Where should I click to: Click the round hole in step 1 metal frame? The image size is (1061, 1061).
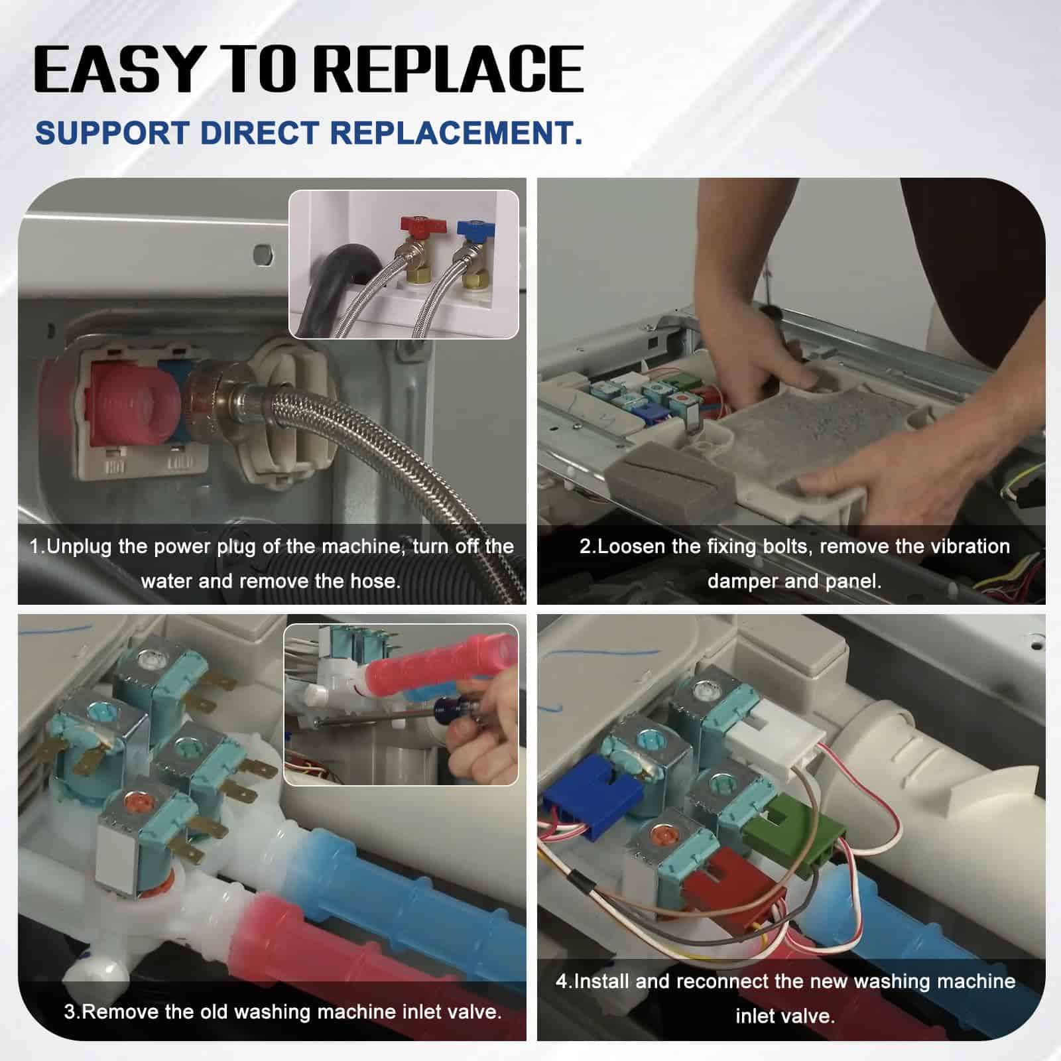pos(264,254)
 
